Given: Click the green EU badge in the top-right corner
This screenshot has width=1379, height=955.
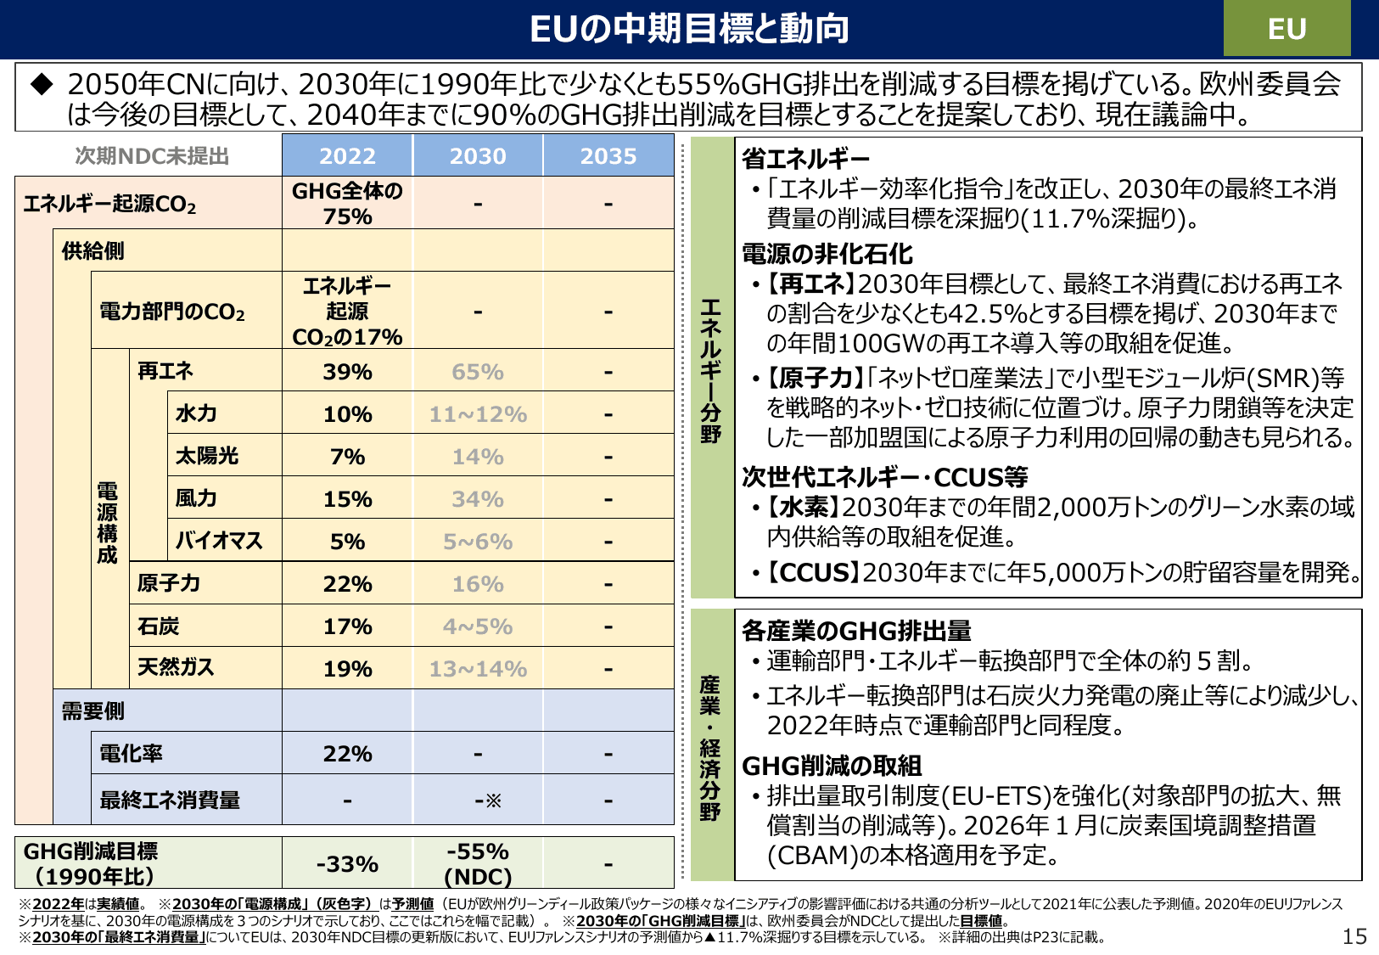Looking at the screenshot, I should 1286,29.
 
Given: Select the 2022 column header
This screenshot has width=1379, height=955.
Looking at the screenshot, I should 347,156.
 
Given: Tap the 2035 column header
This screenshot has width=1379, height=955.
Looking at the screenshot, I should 608,156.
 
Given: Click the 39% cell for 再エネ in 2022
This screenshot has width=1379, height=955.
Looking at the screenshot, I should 347,372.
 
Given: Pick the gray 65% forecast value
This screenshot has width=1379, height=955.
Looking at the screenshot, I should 478,372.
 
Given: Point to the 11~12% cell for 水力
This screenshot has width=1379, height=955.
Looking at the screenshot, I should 478,414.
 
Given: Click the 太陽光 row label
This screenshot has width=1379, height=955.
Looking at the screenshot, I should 206,456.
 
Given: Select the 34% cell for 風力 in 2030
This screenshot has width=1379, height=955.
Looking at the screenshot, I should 478,499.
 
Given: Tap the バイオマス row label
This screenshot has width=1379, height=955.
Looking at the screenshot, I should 218,541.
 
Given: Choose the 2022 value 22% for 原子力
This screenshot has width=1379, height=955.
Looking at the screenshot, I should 347,584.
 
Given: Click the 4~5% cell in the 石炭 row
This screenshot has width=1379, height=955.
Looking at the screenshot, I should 478,626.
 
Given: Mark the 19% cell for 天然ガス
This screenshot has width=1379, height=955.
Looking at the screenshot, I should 347,669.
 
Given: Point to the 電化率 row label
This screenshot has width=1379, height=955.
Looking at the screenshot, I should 131,753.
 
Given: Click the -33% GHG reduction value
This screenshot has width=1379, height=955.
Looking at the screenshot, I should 347,864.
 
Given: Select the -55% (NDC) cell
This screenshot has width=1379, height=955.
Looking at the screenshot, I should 478,864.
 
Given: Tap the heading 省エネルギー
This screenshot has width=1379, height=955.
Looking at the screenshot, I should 805,159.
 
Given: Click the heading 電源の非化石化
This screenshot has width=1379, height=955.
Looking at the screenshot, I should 827,254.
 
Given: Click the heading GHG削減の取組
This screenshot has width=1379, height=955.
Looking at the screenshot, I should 831,766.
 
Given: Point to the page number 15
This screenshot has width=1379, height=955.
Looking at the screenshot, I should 1354,936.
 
